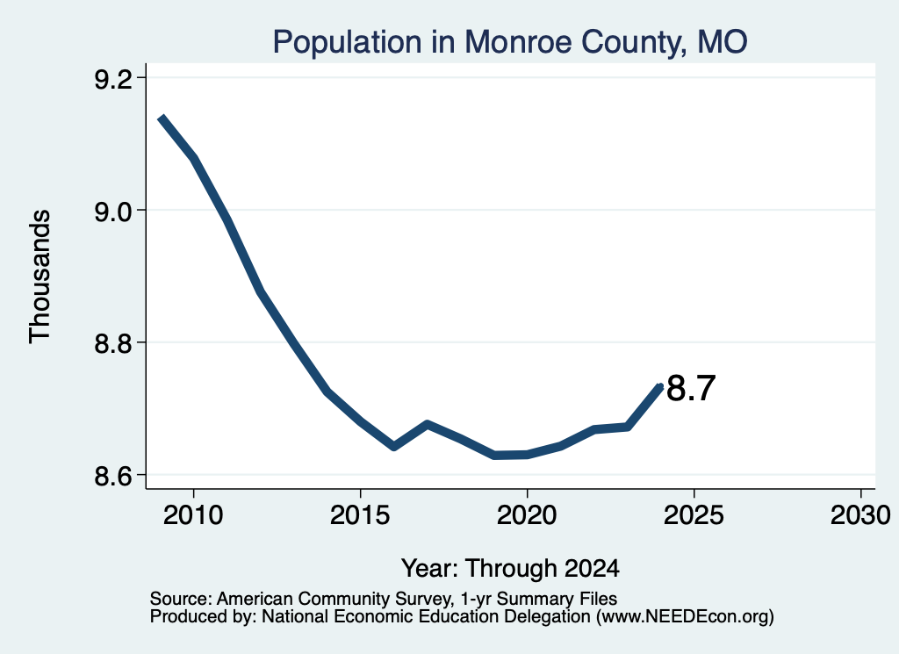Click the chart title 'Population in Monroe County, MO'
click(510, 42)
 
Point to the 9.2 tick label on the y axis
click(113, 78)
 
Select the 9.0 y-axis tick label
click(113, 211)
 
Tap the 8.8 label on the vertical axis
click(113, 342)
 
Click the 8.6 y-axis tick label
click(113, 475)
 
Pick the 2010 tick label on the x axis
click(193, 514)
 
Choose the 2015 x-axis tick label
click(360, 514)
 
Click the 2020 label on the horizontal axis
click(527, 514)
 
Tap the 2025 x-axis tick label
click(694, 514)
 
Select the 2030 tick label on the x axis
click(860, 514)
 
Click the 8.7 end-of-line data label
click(692, 388)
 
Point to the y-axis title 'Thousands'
click(40, 277)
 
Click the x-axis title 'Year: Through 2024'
click(510, 568)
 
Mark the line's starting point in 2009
click(162, 119)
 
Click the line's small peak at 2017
click(428, 424)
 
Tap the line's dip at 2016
click(394, 447)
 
